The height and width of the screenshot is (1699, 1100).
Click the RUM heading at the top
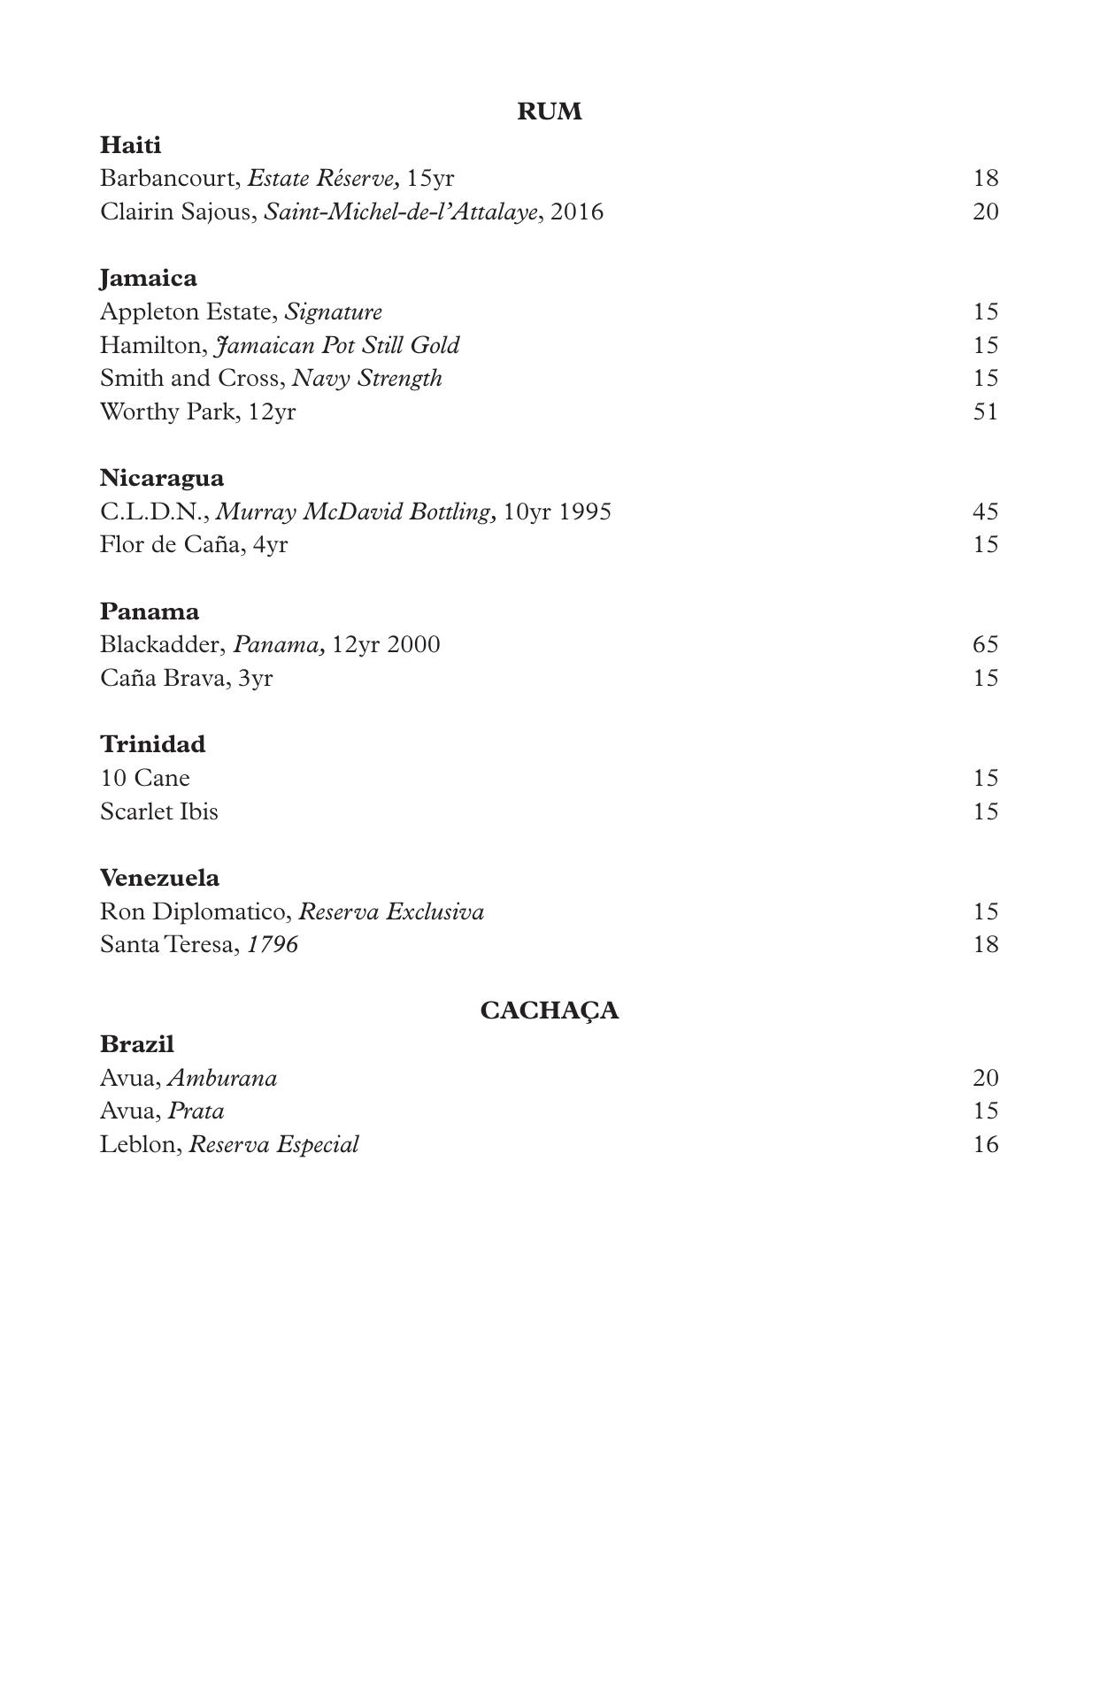549,111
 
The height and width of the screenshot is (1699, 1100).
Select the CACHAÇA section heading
549,1011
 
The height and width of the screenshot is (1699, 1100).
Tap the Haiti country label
130,145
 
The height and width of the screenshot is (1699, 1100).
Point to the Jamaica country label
148,279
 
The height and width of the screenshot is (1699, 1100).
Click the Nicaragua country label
161,479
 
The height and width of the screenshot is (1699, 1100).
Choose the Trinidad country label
152,744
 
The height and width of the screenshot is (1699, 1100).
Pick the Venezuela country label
159,878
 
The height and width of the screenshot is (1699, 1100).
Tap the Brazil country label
136,1044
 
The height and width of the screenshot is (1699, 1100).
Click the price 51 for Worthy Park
985,412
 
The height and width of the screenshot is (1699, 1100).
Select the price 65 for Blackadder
985,645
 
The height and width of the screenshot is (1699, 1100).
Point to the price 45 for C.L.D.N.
985,512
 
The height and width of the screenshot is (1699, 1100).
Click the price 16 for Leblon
985,1145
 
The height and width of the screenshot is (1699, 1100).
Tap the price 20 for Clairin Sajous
985,212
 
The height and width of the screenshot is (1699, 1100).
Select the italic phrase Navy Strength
366,379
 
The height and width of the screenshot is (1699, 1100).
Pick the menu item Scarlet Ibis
158,812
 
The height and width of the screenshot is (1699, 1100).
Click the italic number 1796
273,945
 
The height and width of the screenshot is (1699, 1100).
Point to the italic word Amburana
222,1079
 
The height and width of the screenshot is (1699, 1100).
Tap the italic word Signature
333,312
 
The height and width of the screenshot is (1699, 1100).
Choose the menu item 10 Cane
144,779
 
